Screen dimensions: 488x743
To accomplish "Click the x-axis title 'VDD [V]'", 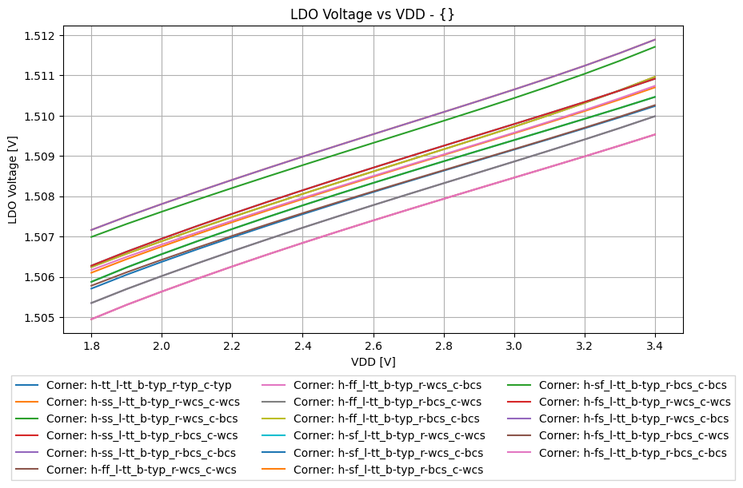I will [373, 361].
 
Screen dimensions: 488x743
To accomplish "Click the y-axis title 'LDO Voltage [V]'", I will [13, 179].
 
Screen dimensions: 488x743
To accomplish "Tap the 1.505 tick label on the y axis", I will [38, 318].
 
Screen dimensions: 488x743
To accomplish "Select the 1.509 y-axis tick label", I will [38, 157].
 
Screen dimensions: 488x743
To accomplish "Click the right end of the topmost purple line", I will [655, 39].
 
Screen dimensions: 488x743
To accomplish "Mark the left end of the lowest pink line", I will [91, 319].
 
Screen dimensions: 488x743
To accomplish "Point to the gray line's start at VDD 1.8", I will [91, 303].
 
